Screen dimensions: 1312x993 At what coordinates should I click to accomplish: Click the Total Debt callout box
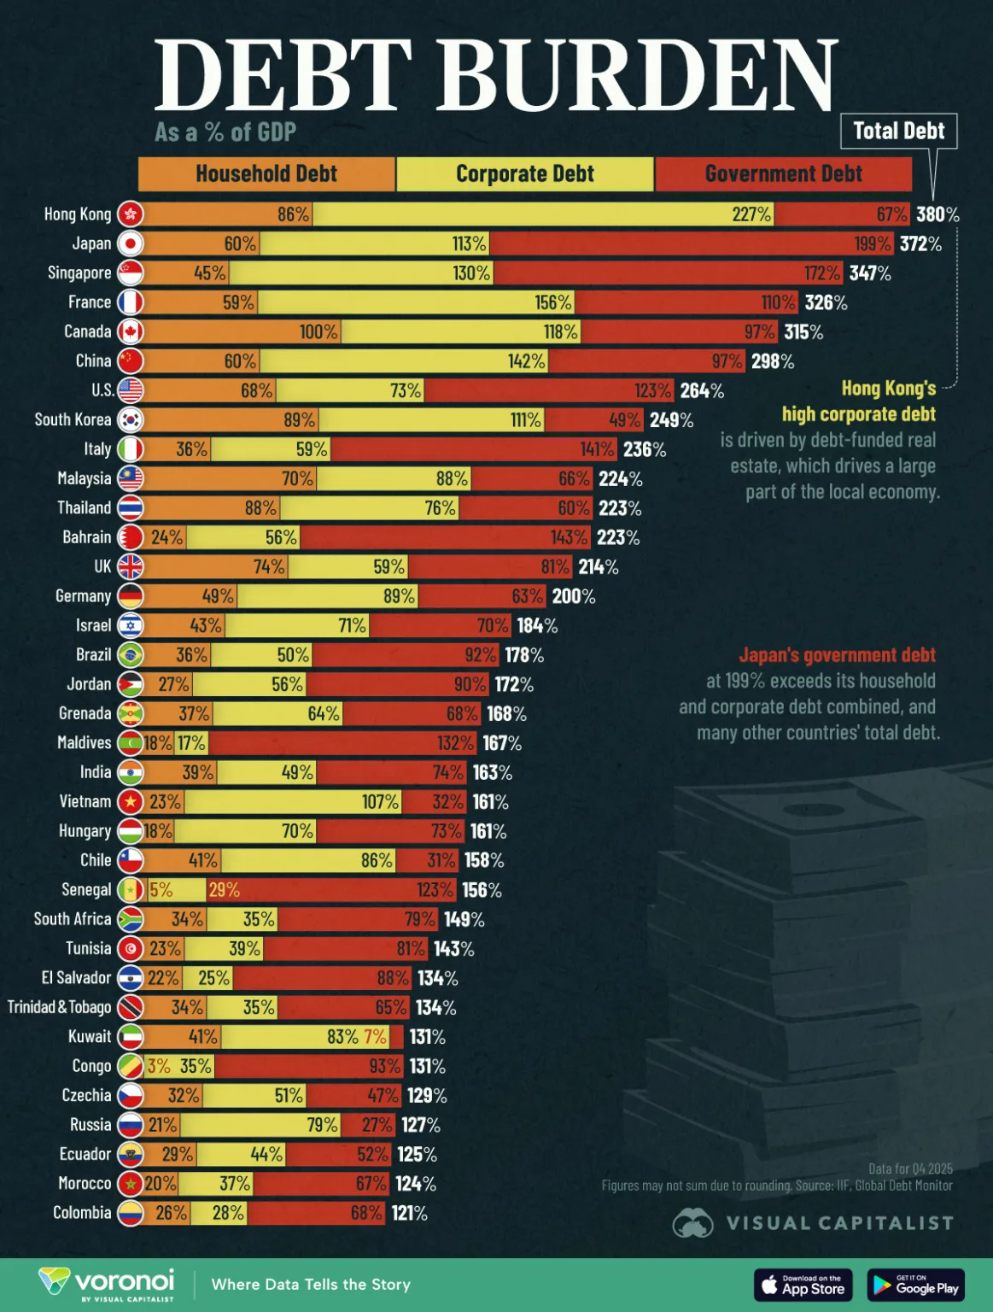[x=898, y=132]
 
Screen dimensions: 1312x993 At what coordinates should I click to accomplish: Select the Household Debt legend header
[x=266, y=174]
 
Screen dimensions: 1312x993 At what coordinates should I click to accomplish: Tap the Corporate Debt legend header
[x=524, y=174]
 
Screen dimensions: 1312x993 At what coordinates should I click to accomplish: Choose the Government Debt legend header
[x=783, y=174]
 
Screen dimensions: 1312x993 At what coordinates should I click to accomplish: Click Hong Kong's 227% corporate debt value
[x=751, y=214]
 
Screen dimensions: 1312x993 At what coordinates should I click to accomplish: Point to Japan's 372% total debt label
[x=920, y=243]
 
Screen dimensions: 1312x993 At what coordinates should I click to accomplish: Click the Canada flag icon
[x=131, y=331]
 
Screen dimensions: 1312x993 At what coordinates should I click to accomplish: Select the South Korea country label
[x=73, y=419]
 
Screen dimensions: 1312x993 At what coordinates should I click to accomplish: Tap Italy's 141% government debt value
[x=597, y=449]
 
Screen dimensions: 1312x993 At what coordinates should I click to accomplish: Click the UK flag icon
[x=131, y=566]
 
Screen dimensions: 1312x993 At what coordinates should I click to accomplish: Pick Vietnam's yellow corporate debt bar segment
[x=293, y=802]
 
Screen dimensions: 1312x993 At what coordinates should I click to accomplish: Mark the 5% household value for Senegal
[x=161, y=890]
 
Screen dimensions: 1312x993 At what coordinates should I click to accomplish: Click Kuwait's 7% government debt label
[x=376, y=1037]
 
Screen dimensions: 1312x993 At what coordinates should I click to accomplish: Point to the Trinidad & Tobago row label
[x=60, y=1007]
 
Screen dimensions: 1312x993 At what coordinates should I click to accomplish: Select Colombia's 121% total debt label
[x=409, y=1213]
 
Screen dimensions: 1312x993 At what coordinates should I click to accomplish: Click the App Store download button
[x=803, y=1285]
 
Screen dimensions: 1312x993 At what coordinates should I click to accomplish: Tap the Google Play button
[x=915, y=1285]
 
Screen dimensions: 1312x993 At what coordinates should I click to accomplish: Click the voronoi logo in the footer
[x=107, y=1283]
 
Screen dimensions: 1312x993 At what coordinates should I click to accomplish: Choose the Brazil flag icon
[x=131, y=655]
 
